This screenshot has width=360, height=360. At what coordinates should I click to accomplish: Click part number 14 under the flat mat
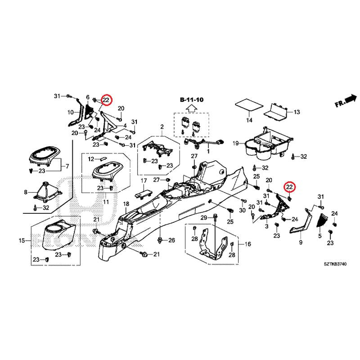[249, 120]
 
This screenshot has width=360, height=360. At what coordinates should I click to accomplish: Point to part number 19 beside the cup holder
[235, 144]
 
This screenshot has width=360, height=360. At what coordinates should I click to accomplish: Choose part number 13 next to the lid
[296, 112]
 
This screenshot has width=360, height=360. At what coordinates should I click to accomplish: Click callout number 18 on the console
[126, 203]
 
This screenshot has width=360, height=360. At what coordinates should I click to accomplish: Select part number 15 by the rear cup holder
[22, 241]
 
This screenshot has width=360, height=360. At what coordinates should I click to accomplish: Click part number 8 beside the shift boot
[26, 192]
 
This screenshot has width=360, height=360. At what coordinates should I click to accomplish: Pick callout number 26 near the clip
[171, 240]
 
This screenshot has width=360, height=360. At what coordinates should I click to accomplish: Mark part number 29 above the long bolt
[203, 218]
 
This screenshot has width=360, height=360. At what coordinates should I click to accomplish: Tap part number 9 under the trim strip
[301, 243]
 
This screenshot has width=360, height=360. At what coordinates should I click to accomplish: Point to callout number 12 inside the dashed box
[90, 159]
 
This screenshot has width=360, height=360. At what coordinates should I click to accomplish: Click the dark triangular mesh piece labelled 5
[323, 220]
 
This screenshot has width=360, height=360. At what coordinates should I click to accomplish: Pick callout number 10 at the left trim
[71, 112]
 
